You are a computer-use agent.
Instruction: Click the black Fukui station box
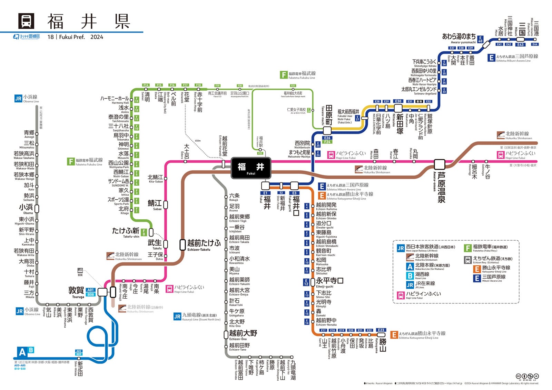coord(251,168)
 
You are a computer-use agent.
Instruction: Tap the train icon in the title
coord(26,21)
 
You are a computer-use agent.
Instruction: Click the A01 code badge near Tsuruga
coord(90,290)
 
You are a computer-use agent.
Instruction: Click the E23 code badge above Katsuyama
coord(381,330)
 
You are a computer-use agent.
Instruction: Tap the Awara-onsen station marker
coord(440,164)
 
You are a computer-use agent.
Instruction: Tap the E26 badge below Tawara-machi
coord(327,138)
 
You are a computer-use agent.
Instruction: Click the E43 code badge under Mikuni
coord(521,44)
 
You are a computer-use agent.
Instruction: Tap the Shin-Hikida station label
coord(80,368)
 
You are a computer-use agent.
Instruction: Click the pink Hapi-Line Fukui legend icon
coord(401,295)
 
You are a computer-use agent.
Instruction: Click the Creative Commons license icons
coord(527,376)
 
